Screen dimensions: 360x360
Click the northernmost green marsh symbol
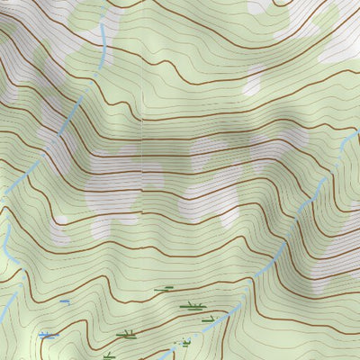coord(163,290)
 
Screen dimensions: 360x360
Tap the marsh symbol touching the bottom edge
coord(110,355)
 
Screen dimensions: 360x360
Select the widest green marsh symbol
coord(191,306)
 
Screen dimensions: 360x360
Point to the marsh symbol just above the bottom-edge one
coord(126,335)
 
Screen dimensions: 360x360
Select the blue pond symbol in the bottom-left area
coord(48,335)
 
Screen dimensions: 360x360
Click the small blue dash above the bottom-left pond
coord(65,301)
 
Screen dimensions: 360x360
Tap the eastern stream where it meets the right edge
coord(357,133)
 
